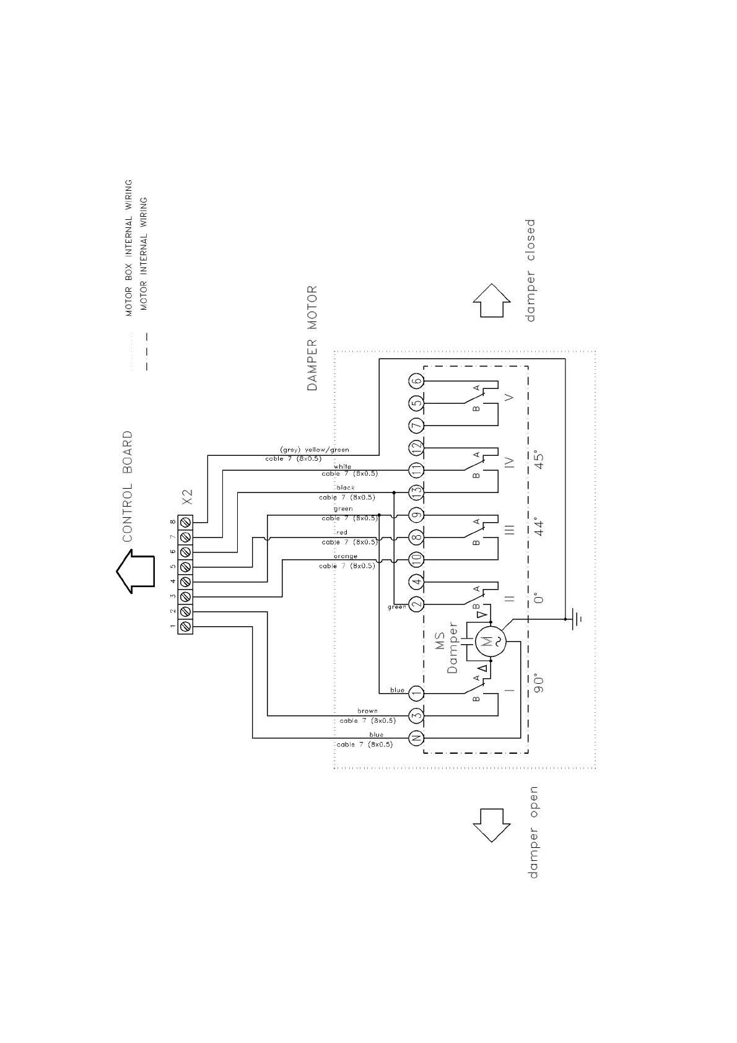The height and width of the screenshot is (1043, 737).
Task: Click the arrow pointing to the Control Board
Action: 136,572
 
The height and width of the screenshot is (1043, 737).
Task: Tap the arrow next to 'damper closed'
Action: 492,300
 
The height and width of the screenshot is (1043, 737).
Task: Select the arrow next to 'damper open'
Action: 492,824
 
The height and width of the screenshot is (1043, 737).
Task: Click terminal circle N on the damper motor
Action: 416,738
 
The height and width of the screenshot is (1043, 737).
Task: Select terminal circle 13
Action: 416,492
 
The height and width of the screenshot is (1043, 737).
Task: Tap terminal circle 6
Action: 416,381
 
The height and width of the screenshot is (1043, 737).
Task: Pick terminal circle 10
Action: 416,559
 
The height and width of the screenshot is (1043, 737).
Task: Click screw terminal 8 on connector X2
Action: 185,521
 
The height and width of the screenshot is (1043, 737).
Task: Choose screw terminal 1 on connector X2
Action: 185,627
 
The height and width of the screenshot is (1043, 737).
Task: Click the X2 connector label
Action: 188,497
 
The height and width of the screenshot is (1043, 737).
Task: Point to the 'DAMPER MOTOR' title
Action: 312,338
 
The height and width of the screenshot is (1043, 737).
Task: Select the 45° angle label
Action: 539,461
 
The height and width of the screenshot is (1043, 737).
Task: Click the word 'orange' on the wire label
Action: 346,556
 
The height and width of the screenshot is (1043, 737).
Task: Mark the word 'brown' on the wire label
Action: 367,711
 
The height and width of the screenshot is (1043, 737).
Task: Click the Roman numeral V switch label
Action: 509,397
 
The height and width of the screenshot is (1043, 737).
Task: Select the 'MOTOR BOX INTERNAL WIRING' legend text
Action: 129,248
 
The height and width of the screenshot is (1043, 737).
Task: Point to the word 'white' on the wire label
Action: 342,466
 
